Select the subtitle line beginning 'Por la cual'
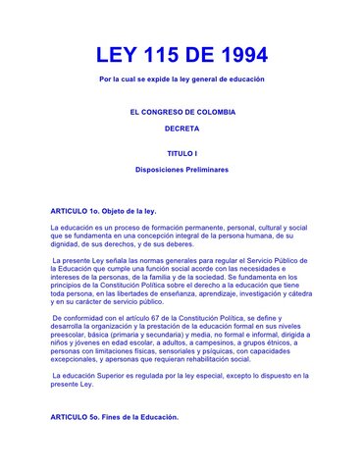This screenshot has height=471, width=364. (182, 78)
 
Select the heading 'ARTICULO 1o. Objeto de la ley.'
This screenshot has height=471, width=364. (103, 212)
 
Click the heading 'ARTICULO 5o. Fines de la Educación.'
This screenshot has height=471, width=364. (115, 417)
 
